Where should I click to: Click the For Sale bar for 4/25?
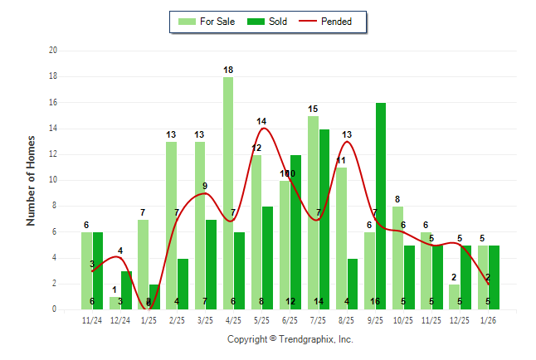pos(228,193)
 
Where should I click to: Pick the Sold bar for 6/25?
pos(296,232)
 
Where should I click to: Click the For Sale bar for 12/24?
pos(115,303)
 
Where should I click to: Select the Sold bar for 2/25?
pos(183,284)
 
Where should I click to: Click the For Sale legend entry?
pos(209,22)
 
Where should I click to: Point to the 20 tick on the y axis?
pos(53,51)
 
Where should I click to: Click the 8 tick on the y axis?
pos(54,206)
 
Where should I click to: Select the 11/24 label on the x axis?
pos(92,319)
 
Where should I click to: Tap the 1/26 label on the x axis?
pos(488,319)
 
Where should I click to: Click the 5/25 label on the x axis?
pos(261,319)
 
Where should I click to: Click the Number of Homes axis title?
pos(32,180)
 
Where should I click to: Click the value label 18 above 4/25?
pos(228,70)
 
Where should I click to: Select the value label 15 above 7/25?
pos(313,109)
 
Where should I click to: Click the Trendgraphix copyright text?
pos(290,339)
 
